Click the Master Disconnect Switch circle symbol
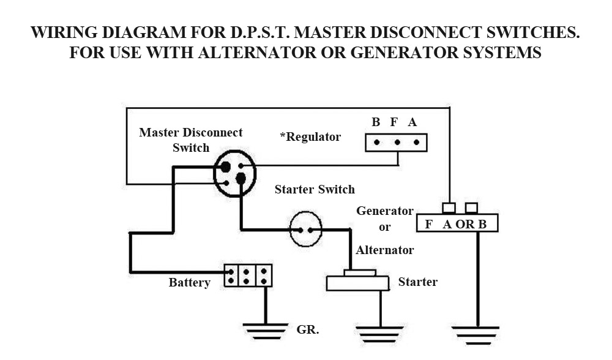click(234, 173)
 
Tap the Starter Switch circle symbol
click(305, 230)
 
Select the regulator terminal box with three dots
click(396, 143)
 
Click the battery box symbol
click(248, 275)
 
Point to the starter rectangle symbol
click(358, 283)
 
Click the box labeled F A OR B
click(457, 223)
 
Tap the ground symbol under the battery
click(265, 331)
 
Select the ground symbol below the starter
click(380, 334)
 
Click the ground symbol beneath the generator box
click(477, 334)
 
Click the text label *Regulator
click(310, 137)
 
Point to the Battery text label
click(190, 283)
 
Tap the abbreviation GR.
click(308, 329)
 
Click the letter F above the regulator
click(394, 122)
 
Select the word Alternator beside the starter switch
click(385, 250)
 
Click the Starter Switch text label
click(315, 189)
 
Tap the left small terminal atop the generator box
click(449, 208)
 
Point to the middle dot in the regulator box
click(397, 143)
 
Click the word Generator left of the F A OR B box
click(385, 211)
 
